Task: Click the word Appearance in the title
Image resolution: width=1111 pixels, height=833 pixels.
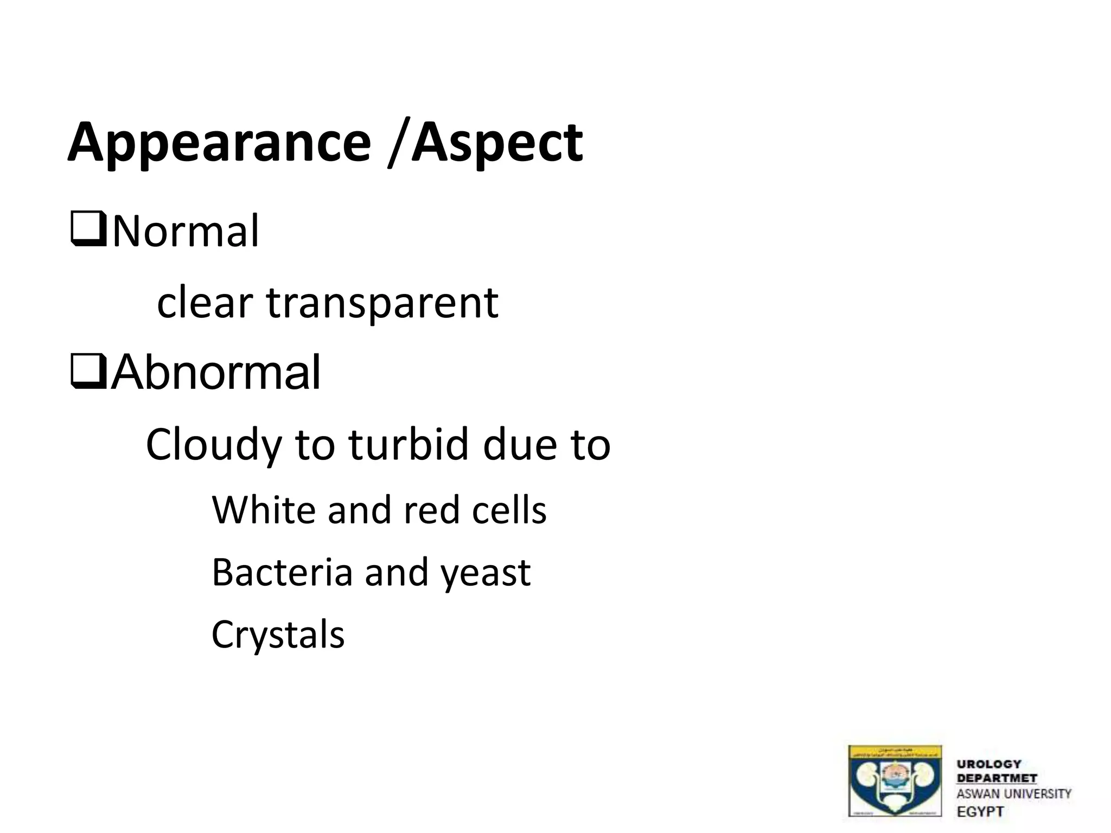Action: (219, 143)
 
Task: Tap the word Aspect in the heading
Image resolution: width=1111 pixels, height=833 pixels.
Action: (497, 143)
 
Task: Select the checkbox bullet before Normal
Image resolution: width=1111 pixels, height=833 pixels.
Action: (88, 232)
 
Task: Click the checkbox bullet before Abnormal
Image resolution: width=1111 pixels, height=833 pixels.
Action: (88, 373)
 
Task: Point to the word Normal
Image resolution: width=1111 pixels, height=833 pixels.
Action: (186, 232)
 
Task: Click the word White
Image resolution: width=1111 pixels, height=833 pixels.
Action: (264, 510)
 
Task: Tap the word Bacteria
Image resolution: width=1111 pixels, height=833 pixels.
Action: (282, 572)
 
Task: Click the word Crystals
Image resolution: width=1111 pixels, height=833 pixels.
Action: (278, 635)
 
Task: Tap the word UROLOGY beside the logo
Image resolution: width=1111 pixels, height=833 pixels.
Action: (989, 764)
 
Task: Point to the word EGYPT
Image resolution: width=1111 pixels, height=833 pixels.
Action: (980, 811)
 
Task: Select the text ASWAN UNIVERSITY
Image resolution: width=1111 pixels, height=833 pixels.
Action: (1014, 794)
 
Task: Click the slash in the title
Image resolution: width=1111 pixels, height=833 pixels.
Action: (397, 143)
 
